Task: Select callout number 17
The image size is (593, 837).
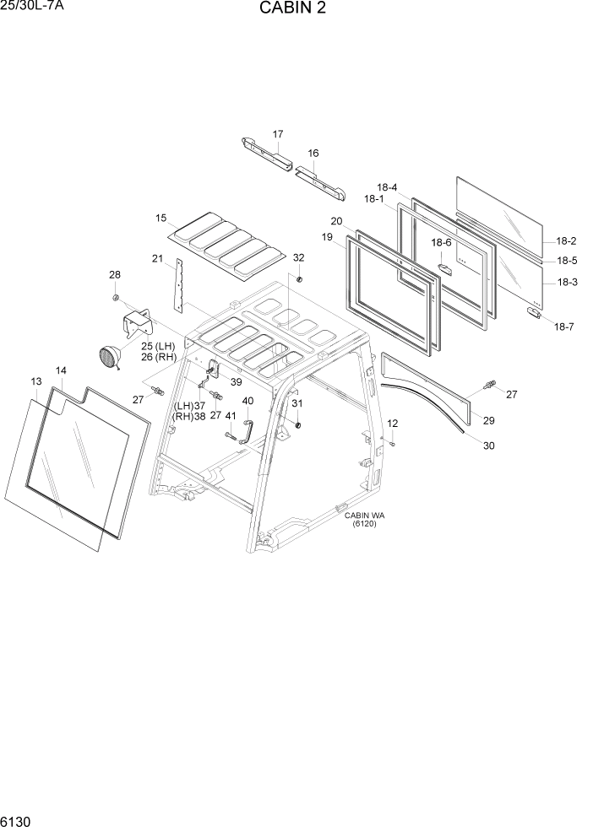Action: [x=278, y=134]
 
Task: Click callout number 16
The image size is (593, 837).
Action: [x=313, y=154]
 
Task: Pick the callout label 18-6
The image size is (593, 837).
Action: [x=442, y=243]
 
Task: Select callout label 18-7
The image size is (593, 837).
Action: [x=563, y=326]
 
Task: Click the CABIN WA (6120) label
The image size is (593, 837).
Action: [x=365, y=519]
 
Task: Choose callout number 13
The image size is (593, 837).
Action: [x=36, y=382]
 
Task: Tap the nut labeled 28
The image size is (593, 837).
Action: [x=115, y=298]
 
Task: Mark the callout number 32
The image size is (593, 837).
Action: [x=298, y=257]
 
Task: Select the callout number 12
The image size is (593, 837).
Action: [x=392, y=423]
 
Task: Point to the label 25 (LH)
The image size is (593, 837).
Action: [x=158, y=347]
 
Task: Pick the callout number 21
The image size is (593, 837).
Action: [x=157, y=258]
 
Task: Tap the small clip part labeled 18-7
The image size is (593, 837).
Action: [x=534, y=313]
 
